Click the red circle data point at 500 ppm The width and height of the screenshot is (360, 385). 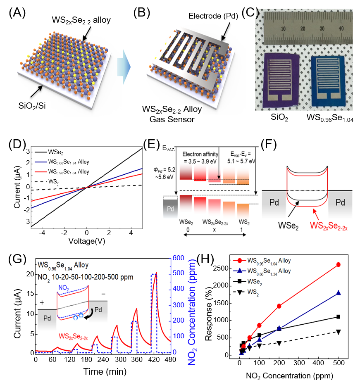click(x=338, y=264)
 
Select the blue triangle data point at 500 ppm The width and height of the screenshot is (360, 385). click(x=338, y=293)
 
